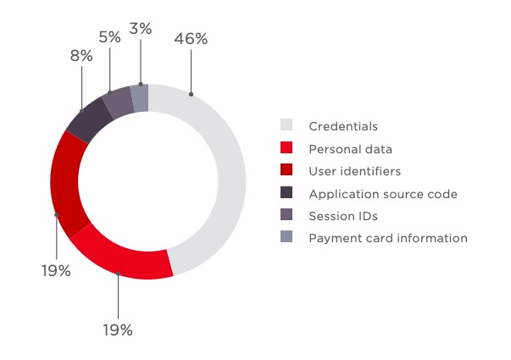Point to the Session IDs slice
pyautogui.click(x=117, y=101)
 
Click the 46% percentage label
pyautogui.click(x=190, y=38)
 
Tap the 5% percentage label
pyautogui.click(x=109, y=37)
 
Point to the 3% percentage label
pyautogui.click(x=141, y=28)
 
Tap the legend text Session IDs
pyautogui.click(x=342, y=216)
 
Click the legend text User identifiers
pyautogui.click(x=354, y=171)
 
